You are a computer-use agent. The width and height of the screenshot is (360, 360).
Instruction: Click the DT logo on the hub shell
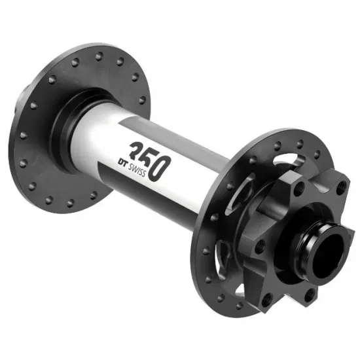(122, 162)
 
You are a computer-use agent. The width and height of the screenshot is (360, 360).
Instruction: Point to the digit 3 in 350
(137, 151)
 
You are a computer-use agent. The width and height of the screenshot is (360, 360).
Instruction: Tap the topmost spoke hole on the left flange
(99, 56)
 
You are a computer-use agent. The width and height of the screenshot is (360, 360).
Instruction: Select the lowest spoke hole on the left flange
(70, 203)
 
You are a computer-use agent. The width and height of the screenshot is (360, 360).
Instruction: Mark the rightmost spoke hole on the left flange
(142, 100)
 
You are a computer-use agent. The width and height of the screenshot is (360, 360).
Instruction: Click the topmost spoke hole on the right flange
(300, 144)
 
